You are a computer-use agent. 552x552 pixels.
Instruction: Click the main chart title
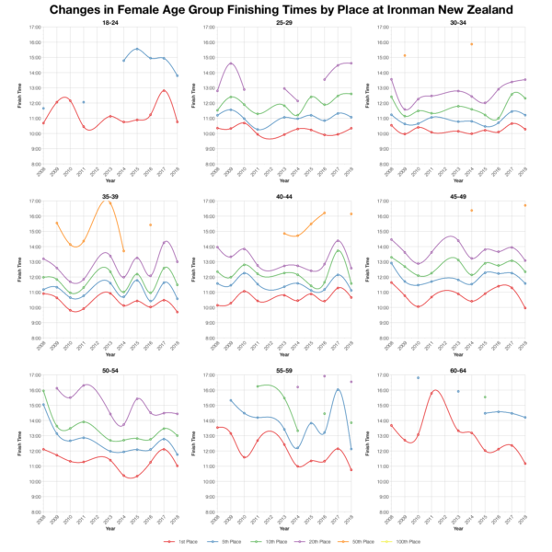pyautogui.click(x=276, y=9)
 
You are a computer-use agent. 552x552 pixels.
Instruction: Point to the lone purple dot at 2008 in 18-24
pyautogui.click(x=43, y=109)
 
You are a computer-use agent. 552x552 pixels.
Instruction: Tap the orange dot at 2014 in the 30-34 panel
pyautogui.click(x=471, y=44)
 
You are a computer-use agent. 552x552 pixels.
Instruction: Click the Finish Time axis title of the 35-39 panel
pyautogui.click(x=21, y=268)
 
